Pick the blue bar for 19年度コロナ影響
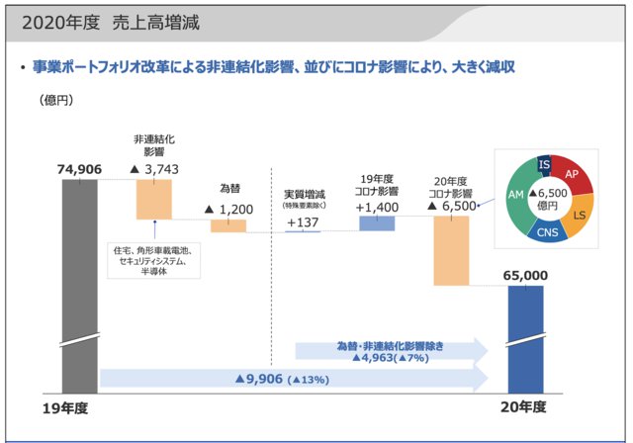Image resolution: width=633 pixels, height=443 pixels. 377,223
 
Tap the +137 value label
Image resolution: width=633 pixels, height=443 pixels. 304,222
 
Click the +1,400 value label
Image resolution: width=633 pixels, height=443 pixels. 377,208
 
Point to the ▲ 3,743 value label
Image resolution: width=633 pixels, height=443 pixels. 153,170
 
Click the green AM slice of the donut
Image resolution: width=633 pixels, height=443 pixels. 514,197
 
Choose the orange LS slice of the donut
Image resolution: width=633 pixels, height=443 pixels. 579,214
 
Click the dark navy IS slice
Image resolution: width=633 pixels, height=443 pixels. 544,164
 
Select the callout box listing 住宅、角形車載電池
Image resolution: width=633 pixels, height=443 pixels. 152,258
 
